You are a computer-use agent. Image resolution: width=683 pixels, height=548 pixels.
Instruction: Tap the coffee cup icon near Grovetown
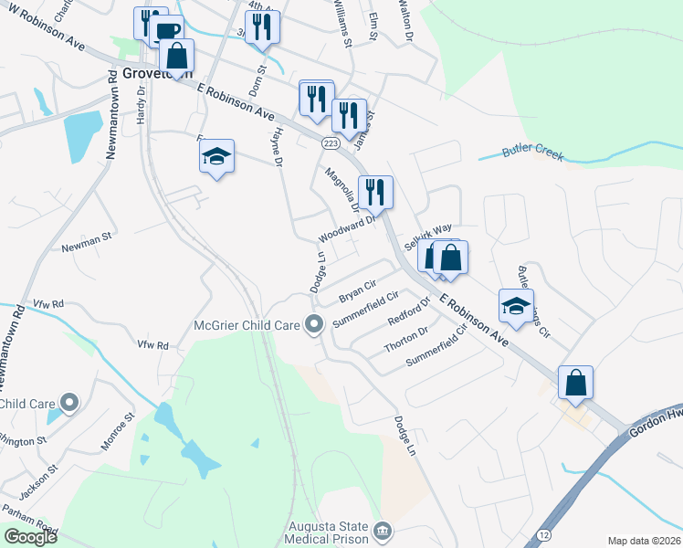point(168,32)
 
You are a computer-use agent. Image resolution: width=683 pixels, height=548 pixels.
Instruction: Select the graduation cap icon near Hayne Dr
point(216,156)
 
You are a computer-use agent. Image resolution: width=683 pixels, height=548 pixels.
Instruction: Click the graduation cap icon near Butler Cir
point(516,306)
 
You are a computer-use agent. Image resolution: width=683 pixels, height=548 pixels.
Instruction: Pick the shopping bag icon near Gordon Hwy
point(575,382)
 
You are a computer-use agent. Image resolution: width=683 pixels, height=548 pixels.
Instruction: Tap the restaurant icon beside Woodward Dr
point(375,192)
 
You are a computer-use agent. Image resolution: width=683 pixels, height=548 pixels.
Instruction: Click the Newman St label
point(86,248)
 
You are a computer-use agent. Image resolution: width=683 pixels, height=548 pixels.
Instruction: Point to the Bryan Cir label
point(357,292)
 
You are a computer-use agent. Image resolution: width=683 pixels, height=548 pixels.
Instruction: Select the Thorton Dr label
point(405,341)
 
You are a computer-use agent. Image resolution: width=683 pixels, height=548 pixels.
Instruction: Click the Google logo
point(30,537)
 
